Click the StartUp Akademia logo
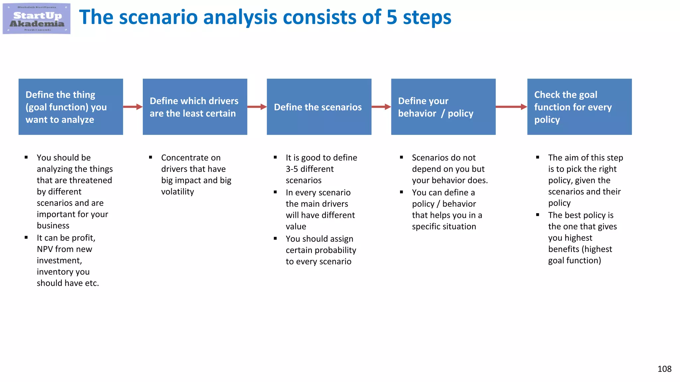[x=37, y=19]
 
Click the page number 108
[x=664, y=369]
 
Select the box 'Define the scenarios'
[x=319, y=107]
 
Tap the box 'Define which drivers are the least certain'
[x=195, y=107]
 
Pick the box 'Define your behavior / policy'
[x=443, y=107]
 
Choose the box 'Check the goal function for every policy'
[x=579, y=107]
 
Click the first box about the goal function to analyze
[x=71, y=107]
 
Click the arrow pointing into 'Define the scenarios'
[x=257, y=107]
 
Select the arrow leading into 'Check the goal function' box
[x=511, y=107]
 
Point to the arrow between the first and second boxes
[x=133, y=107]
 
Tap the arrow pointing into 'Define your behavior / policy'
[x=381, y=107]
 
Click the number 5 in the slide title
[x=392, y=17]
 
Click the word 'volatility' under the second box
[x=177, y=192]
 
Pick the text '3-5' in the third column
[x=292, y=169]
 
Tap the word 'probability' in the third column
[x=337, y=250]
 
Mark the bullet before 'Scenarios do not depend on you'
[x=401, y=157]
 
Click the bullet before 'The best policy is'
[x=538, y=215]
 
